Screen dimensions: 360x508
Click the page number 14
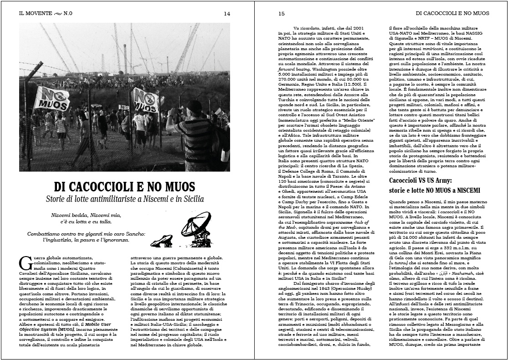[x=227, y=13]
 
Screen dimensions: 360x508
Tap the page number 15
[x=281, y=13]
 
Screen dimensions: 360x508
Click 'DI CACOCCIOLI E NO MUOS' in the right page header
[x=453, y=13]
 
